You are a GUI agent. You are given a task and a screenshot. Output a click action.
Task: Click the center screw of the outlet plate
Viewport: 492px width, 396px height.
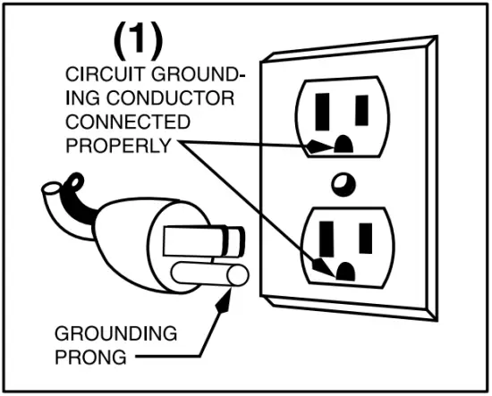[338, 185]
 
